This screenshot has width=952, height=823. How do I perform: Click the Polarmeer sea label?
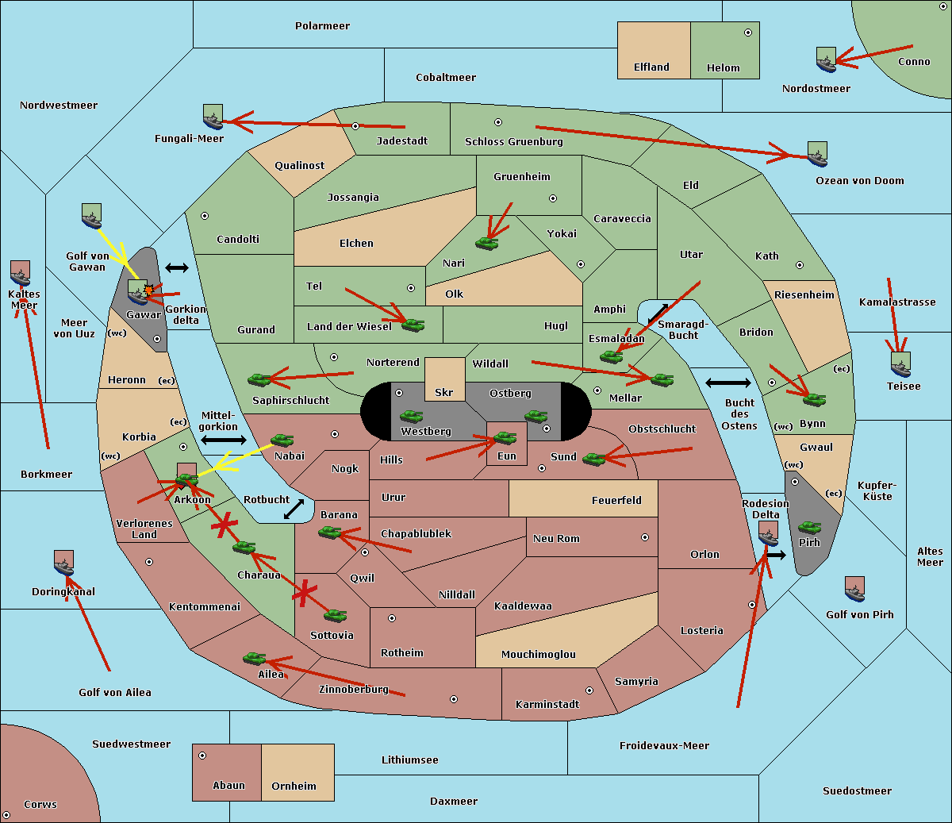pyautogui.click(x=322, y=26)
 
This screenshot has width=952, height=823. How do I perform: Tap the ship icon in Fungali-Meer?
pyautogui.click(x=213, y=117)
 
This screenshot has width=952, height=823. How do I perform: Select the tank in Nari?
pyautogui.click(x=487, y=243)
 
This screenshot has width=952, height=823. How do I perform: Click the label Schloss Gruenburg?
pyautogui.click(x=513, y=141)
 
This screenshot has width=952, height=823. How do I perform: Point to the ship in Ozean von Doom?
pyautogui.click(x=817, y=154)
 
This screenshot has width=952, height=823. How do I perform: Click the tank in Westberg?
pyautogui.click(x=411, y=417)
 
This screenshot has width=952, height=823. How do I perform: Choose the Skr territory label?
pyautogui.click(x=443, y=392)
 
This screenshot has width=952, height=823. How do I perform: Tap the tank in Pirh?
pyautogui.click(x=809, y=527)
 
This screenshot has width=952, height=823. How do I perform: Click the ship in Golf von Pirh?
pyautogui.click(x=855, y=589)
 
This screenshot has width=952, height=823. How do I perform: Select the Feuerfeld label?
pyautogui.click(x=616, y=501)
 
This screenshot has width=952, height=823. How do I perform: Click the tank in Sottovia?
pyautogui.click(x=336, y=615)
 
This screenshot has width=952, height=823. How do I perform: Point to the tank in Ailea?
pyautogui.click(x=254, y=659)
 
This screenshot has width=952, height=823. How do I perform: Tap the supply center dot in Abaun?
pyautogui.click(x=202, y=756)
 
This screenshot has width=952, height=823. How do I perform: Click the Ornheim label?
pyautogui.click(x=294, y=786)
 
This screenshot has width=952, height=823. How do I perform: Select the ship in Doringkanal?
pyautogui.click(x=63, y=563)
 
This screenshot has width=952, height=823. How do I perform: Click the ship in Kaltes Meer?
pyautogui.click(x=21, y=273)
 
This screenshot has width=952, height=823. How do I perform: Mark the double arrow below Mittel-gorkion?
pyautogui.click(x=224, y=440)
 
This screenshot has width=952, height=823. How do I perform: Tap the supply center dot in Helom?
pyautogui.click(x=748, y=33)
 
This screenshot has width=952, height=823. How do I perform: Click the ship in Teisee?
pyautogui.click(x=900, y=364)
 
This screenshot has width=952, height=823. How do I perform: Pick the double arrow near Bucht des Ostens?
pyautogui.click(x=728, y=383)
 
